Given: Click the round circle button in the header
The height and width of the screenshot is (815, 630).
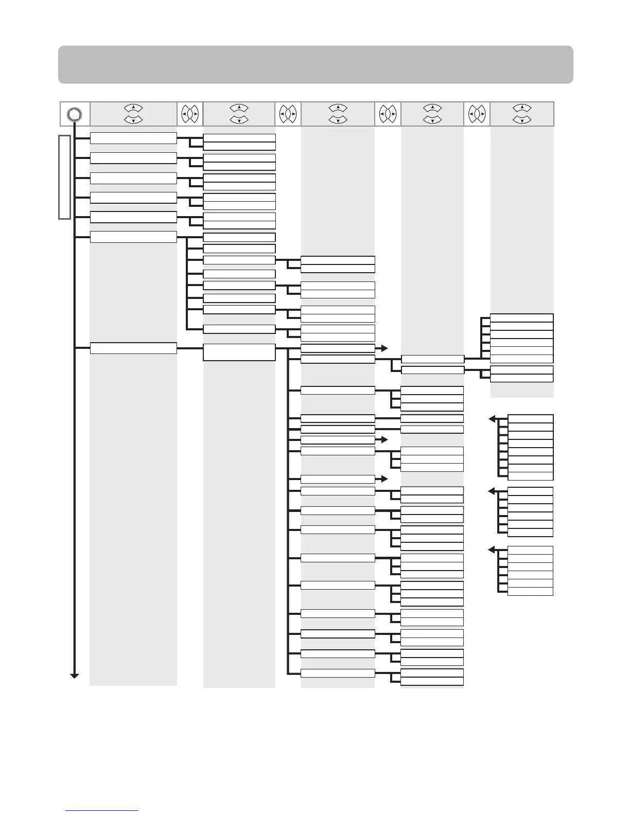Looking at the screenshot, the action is (74, 114).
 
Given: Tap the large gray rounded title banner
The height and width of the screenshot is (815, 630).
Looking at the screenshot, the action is (315, 64).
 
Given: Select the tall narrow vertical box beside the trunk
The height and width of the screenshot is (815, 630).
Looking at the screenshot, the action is (64, 177).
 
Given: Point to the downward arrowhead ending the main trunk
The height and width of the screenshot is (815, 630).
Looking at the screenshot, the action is (75, 675).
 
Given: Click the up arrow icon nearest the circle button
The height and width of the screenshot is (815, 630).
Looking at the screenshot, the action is (133, 108).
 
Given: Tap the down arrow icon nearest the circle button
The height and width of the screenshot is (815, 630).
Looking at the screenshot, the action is (133, 120).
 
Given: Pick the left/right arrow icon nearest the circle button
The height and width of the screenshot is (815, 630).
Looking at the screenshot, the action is (190, 114).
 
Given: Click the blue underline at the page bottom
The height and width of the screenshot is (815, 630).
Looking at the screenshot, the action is (102, 810).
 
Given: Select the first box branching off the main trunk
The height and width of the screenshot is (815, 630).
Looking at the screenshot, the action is (133, 138).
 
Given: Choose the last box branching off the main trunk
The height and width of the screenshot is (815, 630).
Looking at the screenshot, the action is (133, 348).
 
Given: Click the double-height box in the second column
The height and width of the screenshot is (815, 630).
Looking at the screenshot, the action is (239, 352).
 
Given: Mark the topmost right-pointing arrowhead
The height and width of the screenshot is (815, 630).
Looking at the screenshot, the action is (384, 348).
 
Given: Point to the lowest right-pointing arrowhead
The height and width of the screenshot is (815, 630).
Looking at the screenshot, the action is (384, 479).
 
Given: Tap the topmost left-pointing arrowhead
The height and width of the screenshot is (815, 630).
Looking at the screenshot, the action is (492, 419).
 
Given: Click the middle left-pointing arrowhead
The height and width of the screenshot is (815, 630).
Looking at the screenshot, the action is (492, 491).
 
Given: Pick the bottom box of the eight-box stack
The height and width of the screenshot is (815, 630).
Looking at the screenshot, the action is (530, 476).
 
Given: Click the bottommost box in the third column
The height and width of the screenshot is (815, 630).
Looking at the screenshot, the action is (338, 673).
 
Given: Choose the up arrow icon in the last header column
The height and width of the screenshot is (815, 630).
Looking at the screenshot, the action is (522, 108).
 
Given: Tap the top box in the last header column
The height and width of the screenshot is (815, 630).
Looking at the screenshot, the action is (521, 318).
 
